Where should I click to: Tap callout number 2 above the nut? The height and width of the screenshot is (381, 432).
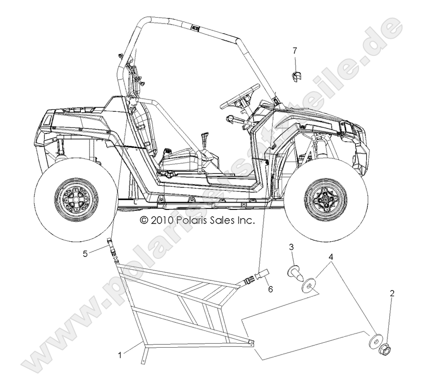(392, 294)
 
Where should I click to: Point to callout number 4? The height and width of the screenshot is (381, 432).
(331, 256)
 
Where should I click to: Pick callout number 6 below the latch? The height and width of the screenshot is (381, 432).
(270, 290)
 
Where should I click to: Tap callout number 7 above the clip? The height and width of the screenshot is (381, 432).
(295, 50)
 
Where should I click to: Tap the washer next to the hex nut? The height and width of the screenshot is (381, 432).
(375, 339)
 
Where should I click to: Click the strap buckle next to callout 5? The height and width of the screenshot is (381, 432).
(112, 246)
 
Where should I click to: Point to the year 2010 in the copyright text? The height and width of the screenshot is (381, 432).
(161, 221)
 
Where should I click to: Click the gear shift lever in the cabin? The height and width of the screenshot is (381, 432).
(205, 142)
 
